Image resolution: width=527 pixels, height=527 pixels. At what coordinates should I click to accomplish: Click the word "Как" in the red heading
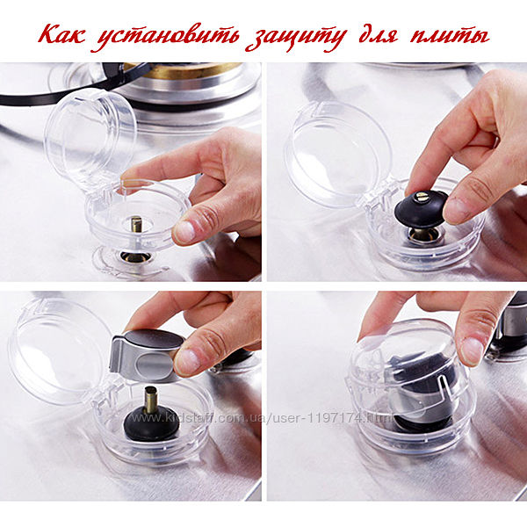pos(62,35)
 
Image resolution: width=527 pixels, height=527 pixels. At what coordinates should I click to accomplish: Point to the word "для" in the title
pos(379,36)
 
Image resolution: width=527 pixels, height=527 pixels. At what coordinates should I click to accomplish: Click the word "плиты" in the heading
pos(450,36)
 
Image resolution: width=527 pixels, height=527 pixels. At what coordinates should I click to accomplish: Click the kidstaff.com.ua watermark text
pos(262,418)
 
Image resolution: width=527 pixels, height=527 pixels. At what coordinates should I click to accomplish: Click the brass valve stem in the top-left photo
pos(136,224)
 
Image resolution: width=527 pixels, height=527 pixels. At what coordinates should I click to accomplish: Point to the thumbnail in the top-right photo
pos(458,211)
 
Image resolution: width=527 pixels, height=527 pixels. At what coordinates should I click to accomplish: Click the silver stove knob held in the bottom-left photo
pos(146,356)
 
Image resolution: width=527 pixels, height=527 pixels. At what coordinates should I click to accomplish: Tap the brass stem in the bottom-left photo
pos(151,400)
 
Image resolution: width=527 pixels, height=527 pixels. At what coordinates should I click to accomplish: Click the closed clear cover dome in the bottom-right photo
pos(408,366)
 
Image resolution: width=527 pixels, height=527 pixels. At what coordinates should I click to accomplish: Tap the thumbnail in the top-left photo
pos(184,232)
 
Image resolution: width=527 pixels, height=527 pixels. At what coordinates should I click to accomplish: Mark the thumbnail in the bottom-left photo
pos(187,362)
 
